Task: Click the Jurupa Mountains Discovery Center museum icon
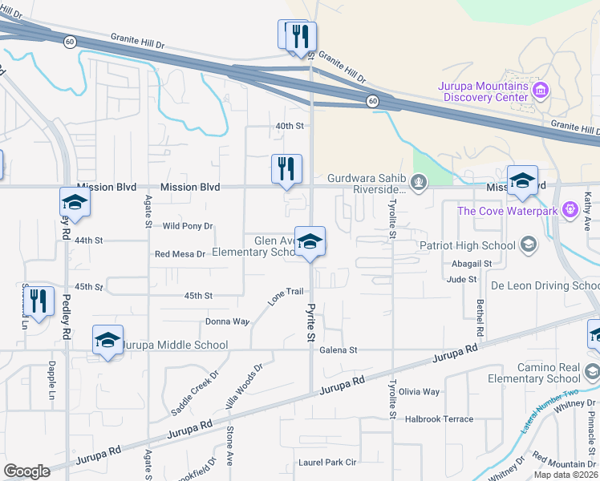(541, 87)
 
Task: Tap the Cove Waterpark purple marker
(570, 211)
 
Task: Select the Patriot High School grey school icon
(528, 245)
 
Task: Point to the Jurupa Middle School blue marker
(107, 340)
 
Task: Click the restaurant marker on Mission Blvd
(286, 169)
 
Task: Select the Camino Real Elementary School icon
(591, 371)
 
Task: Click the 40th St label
(290, 126)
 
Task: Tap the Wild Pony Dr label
(188, 226)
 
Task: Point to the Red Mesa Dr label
(180, 254)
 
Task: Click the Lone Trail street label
(286, 297)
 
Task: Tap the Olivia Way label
(420, 392)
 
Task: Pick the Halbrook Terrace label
(439, 419)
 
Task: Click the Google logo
(27, 471)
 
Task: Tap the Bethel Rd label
(480, 318)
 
